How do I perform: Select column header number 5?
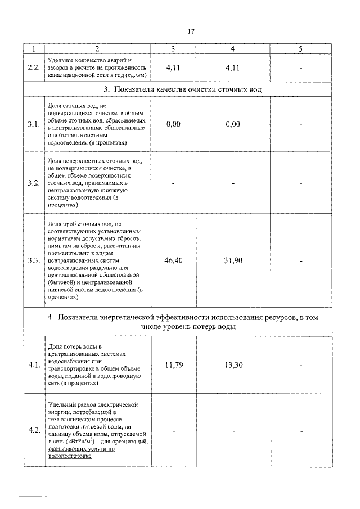[301, 49]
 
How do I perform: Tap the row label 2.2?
[34, 68]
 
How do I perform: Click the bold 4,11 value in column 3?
[173, 68]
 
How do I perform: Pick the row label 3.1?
[34, 124]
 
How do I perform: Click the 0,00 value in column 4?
[233, 124]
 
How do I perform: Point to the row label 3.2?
[34, 183]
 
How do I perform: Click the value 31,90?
[233, 260]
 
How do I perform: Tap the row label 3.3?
[34, 260]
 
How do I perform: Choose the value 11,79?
[173, 364]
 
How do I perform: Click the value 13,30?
[233, 364]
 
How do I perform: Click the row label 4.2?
[34, 431]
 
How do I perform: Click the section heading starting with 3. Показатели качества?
[182, 89]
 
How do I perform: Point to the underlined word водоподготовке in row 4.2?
[70, 457]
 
